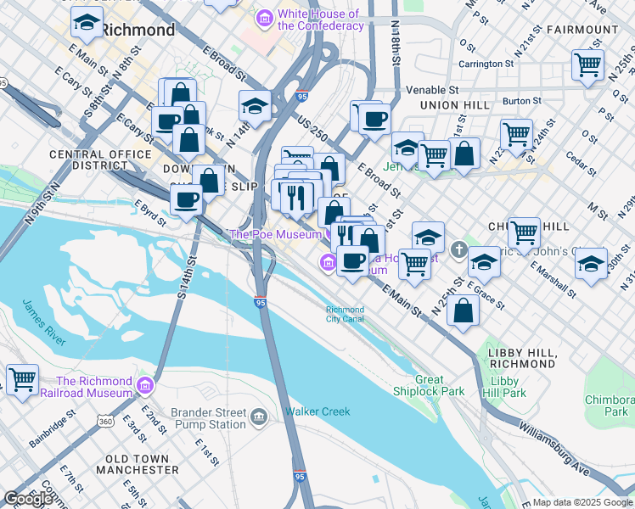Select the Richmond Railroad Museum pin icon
point(145,387)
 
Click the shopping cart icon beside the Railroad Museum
point(21,379)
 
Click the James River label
point(43,322)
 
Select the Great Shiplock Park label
point(429,386)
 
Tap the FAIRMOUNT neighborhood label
point(582,30)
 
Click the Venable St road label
point(431,89)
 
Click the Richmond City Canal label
point(345,315)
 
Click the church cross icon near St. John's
point(459,249)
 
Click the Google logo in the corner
point(27,498)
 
